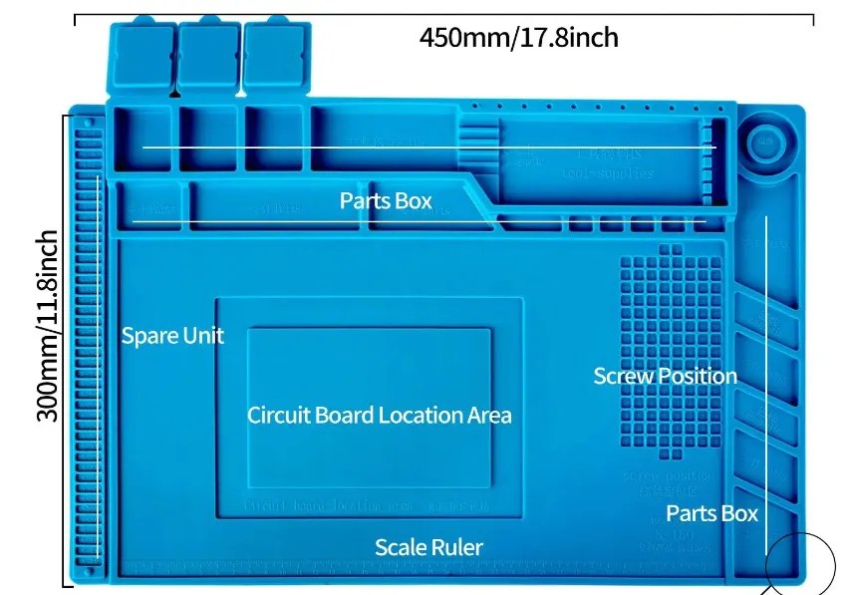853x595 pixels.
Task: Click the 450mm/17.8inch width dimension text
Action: coord(518,38)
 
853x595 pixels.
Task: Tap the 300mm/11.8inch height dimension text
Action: coord(48,325)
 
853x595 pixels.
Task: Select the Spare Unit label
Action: coord(172,336)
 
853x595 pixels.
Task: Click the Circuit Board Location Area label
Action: coord(379,415)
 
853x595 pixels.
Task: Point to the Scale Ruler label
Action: coord(428,547)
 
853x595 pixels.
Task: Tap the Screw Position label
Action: coord(665,376)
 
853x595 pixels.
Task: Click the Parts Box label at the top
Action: coord(386,201)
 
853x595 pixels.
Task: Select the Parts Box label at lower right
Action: coord(711,514)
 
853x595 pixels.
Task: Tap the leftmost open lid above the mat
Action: coord(141,58)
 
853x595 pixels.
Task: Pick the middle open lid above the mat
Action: coord(207,58)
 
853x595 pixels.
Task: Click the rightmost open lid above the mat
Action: coord(273,58)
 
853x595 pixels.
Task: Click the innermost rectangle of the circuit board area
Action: coord(369,409)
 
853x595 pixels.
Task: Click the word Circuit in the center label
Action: coord(278,415)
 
